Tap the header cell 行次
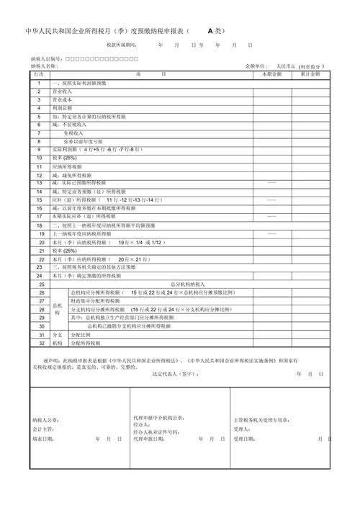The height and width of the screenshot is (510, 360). click(39, 74)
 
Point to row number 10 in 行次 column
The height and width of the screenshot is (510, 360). click(39, 157)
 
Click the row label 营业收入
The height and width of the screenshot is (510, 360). click(62, 91)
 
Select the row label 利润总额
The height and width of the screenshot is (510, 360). click(62, 108)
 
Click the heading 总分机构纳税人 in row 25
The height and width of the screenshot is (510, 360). click(189, 285)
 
